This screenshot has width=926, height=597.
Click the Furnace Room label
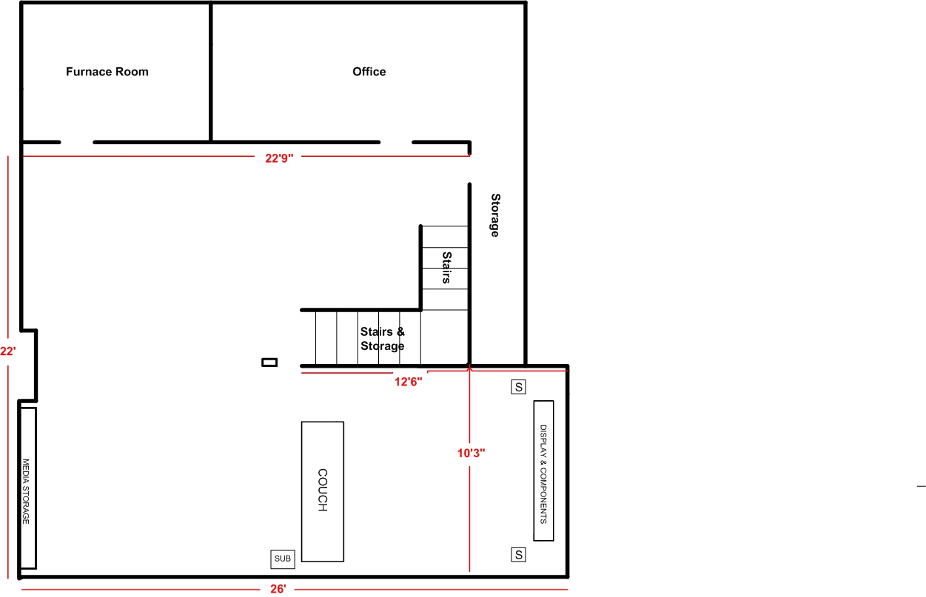point(107,72)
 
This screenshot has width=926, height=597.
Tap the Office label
point(369,72)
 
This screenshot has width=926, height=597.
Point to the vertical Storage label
point(495,215)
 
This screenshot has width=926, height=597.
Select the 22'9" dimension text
point(279,158)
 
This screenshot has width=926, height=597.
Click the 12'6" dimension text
point(408,382)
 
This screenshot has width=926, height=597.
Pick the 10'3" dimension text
point(471,453)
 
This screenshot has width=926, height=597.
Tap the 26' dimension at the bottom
point(278,589)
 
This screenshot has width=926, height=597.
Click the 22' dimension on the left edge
point(8,351)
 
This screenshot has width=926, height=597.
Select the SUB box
point(283,559)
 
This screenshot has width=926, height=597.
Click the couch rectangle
point(323,492)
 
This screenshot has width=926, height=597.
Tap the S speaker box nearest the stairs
point(518,387)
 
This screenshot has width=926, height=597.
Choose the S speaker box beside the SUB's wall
point(518,555)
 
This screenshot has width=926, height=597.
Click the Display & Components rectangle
point(543,470)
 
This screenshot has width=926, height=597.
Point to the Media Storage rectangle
point(28,488)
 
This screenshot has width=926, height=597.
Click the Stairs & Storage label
point(383,339)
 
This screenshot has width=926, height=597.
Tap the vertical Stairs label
point(446,268)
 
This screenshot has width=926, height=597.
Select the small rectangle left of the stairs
point(269,362)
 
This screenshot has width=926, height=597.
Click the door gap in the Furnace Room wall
point(77,142)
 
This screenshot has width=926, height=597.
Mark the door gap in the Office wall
point(396,142)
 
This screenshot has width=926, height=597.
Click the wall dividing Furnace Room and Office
point(211,72)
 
